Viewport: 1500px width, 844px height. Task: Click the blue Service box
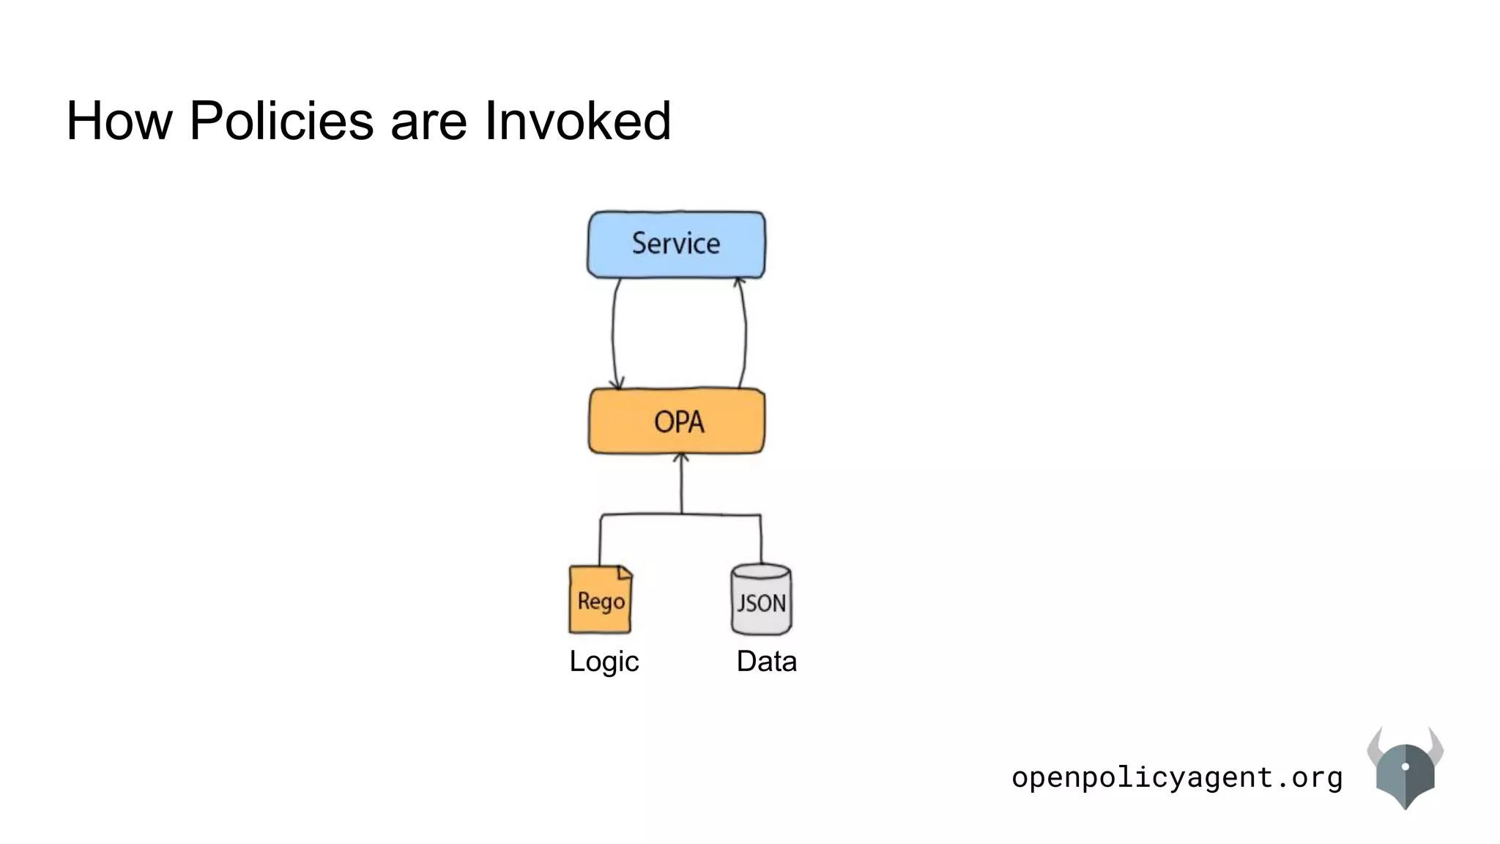tap(676, 244)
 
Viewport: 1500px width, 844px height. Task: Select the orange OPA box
tap(677, 421)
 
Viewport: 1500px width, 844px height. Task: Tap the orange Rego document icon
tap(600, 600)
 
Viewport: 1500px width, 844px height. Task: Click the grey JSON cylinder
tap(761, 600)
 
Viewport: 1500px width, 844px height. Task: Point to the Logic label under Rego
tap(604, 661)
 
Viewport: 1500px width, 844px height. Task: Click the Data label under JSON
tap(766, 661)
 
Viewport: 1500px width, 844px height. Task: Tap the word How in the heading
tap(119, 120)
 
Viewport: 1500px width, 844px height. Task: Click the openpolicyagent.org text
tap(1176, 777)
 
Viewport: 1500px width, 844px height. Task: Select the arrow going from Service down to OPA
tap(614, 333)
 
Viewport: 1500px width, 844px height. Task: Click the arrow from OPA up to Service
tap(745, 333)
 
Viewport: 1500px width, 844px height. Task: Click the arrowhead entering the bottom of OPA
tap(681, 458)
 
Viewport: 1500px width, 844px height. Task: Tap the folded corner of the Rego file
tap(625, 571)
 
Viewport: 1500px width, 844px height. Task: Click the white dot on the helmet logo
tap(1405, 766)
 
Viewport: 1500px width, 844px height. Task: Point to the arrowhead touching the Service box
tap(739, 281)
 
